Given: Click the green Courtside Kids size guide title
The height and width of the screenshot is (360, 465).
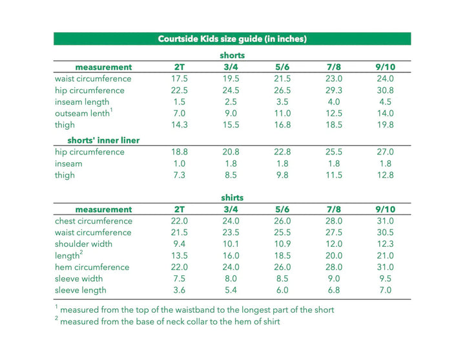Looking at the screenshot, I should (232, 39).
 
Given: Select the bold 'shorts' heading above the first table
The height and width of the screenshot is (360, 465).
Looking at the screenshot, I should (232, 56).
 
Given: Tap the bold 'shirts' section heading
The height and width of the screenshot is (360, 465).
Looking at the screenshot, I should (232, 198).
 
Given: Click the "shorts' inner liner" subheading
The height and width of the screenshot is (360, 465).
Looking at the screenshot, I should (103, 140).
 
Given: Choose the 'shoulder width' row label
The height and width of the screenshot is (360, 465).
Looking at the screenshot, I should (83, 244).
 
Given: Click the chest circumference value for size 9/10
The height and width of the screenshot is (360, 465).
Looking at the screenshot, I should (385, 221).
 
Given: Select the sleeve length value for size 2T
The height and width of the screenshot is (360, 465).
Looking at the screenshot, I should (179, 291).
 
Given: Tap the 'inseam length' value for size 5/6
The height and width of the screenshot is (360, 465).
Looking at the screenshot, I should (282, 102).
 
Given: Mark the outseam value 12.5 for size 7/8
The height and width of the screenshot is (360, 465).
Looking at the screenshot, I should (333, 114).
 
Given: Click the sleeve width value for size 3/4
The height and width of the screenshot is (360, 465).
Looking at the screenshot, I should (231, 279).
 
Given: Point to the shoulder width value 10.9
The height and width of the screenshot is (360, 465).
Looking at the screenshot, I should (282, 244).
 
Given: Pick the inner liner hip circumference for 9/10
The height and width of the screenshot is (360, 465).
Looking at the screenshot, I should (385, 153).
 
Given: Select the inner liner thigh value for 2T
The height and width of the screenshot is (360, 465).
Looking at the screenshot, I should (179, 175).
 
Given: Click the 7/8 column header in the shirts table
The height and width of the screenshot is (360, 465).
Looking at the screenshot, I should (333, 209).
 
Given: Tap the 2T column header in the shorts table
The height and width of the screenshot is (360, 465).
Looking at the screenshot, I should (179, 67).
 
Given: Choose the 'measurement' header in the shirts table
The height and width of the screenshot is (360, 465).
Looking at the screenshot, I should (103, 209).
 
